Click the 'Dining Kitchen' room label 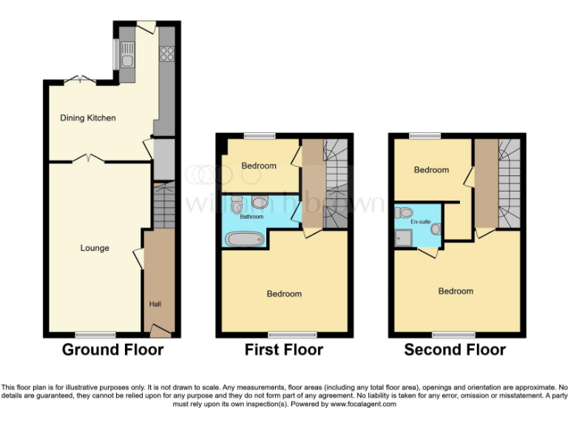88,118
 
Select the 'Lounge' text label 95,248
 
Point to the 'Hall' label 155,303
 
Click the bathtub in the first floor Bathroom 242,240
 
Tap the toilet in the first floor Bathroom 237,203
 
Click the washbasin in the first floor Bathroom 260,201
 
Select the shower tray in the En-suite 404,237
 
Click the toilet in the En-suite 405,212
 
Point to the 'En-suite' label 420,221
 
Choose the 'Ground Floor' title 112,350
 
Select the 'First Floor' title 284,350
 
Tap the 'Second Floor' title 455,350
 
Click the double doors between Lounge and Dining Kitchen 87,158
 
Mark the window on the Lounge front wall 95,334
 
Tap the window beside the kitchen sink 115,51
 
